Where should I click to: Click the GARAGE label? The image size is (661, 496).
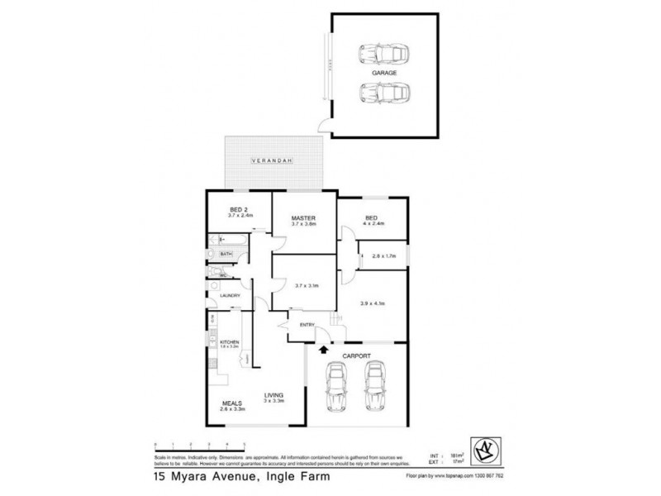[x=384, y=73]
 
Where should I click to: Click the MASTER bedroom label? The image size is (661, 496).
[x=304, y=217]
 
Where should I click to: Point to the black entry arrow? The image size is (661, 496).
[x=323, y=351]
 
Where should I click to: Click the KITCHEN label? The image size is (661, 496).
[x=229, y=341]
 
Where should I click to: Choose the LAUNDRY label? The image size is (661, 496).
[x=230, y=295]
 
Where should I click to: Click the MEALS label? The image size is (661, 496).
[x=231, y=403]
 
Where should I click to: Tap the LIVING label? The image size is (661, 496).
[x=274, y=394]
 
